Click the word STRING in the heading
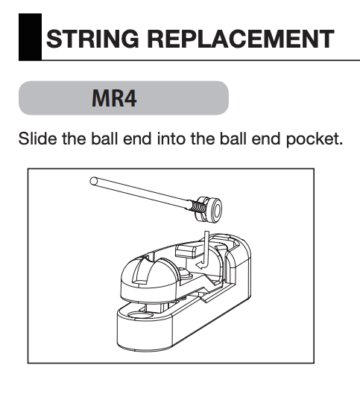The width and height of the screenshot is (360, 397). click(92, 39)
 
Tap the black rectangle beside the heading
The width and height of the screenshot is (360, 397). click(30, 36)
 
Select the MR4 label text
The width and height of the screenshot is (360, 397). click(114, 98)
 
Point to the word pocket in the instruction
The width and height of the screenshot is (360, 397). click(315, 139)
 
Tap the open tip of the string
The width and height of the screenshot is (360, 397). click(94, 181)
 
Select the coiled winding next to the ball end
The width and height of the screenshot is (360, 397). click(197, 206)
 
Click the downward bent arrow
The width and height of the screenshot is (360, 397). click(204, 251)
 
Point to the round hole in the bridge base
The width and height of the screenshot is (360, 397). click(141, 315)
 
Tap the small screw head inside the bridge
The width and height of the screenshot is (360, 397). click(188, 274)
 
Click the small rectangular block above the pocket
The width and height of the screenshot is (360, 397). click(187, 250)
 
